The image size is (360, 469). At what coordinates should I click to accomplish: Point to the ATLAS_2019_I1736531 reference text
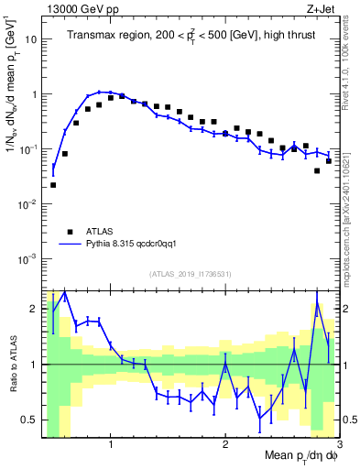point(191,274)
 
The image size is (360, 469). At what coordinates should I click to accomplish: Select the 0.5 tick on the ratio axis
point(30,420)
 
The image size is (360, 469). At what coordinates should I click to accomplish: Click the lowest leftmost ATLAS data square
point(53,185)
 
